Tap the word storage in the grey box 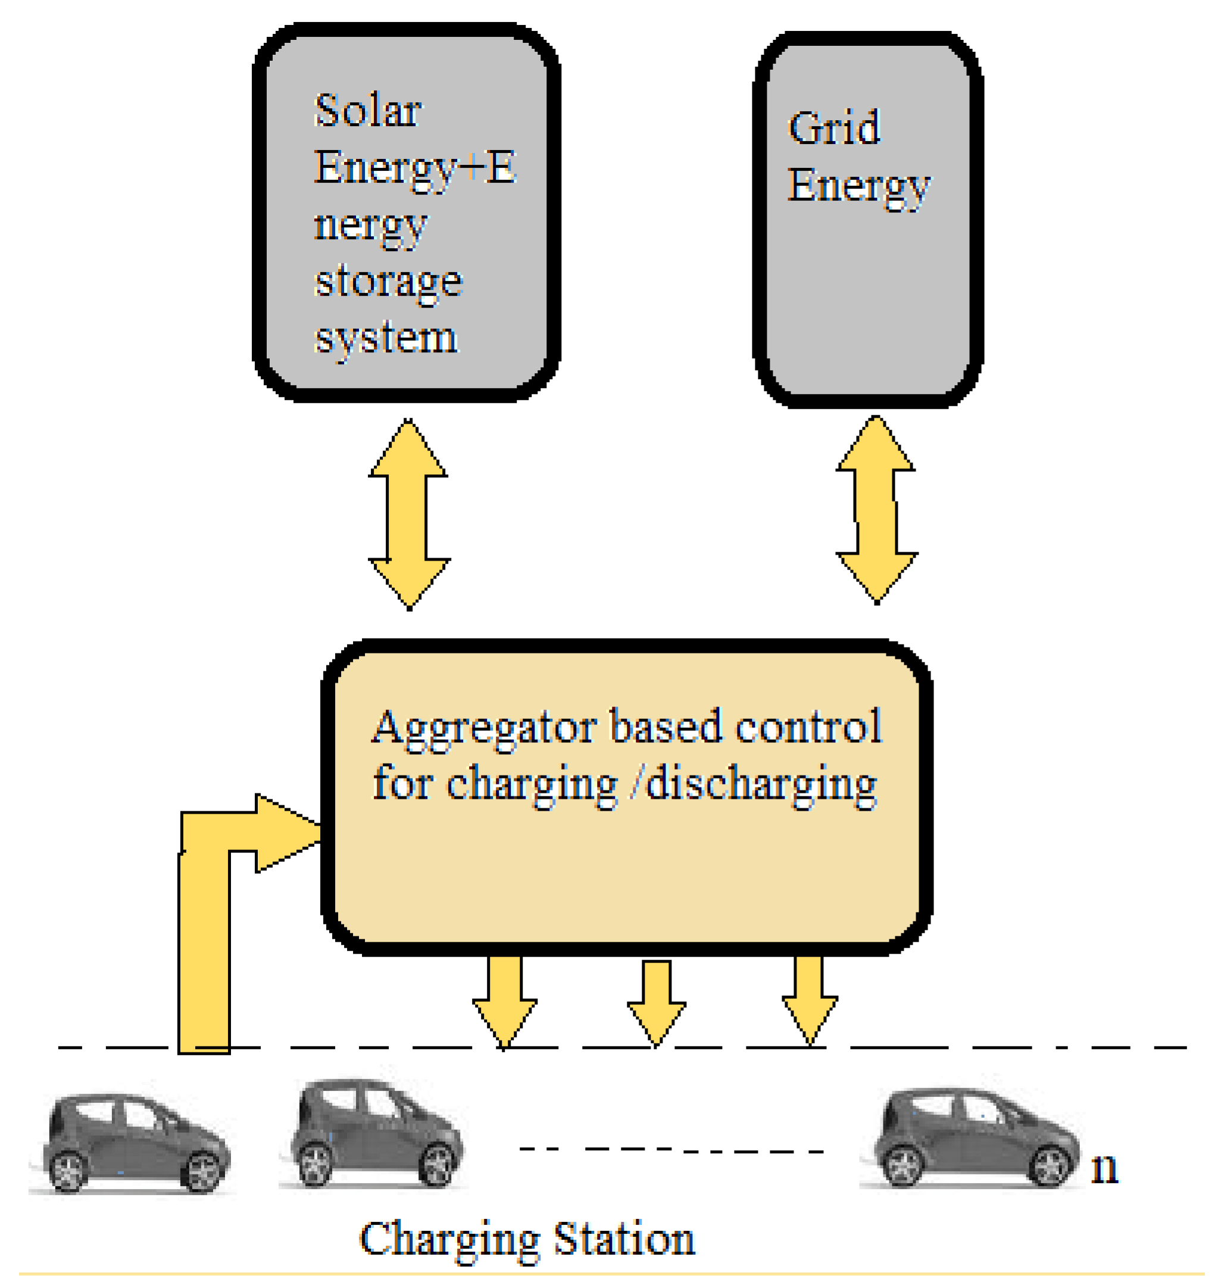pos(388,282)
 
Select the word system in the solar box pos(386,339)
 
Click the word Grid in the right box pos(833,127)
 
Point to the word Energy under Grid pos(858,186)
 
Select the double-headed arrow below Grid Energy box pos(876,509)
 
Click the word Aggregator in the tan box pos(485,729)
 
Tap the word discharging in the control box pos(761,785)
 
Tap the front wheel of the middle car pos(436,1164)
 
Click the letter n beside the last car pos(1104,1169)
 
